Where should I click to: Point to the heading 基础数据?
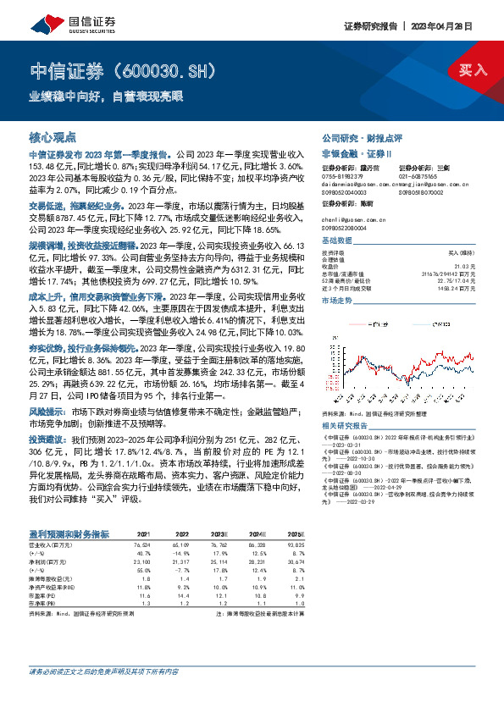pos(338,241)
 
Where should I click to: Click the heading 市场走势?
pos(338,300)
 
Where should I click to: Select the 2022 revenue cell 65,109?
pos(180,543)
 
